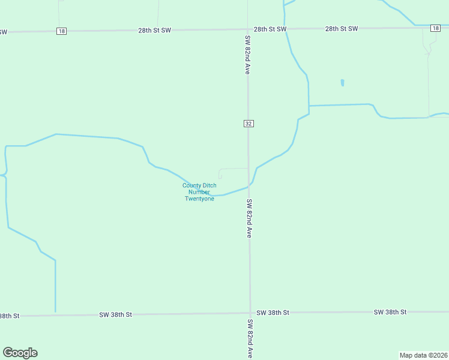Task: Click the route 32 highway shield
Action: click(249, 123)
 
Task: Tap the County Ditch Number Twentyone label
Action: click(199, 192)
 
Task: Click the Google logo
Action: click(20, 353)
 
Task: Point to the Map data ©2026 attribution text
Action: click(423, 355)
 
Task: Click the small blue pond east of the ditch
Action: click(342, 83)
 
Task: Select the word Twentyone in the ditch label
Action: click(199, 199)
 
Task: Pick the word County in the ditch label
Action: click(199, 185)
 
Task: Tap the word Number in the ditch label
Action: click(199, 192)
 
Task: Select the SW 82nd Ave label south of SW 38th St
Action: click(249, 338)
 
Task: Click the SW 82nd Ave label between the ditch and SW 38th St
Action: click(249, 219)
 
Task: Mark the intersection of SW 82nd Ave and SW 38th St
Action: click(250, 313)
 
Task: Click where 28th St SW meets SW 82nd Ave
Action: click(248, 29)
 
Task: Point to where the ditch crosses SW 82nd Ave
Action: click(249, 186)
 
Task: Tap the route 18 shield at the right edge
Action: click(435, 28)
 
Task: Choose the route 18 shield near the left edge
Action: click(61, 31)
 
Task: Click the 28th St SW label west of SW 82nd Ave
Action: click(154, 29)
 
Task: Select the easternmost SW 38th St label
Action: click(390, 312)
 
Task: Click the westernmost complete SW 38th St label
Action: click(115, 314)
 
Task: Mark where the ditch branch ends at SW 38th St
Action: click(55, 312)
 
